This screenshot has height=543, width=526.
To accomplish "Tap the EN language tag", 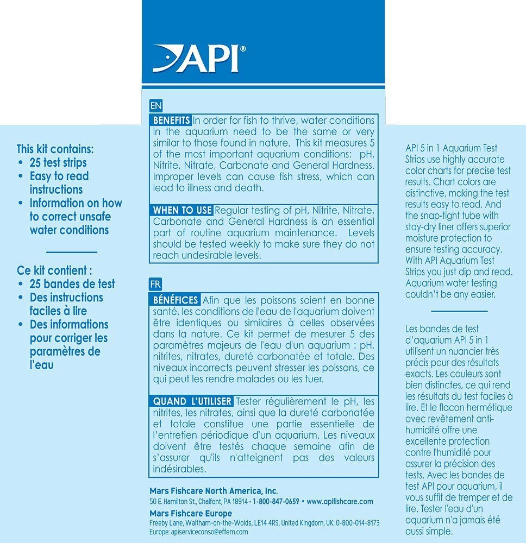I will (155, 105).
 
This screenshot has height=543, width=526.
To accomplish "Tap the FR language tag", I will (155, 284).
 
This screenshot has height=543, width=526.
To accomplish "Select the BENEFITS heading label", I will (171, 120).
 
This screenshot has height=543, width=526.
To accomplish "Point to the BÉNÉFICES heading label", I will (175, 300).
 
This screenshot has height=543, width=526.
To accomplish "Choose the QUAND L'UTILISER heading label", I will (192, 401).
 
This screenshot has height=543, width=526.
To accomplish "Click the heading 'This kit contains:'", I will (55, 148).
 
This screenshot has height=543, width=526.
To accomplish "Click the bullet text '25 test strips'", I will (58, 162).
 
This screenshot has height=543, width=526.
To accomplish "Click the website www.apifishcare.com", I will (340, 501).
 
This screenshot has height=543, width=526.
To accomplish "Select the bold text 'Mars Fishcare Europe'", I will (191, 513).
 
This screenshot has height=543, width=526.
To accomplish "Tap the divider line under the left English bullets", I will (72, 252).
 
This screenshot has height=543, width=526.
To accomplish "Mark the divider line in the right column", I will (459, 311).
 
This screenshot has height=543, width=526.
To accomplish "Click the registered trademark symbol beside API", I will (243, 48).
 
